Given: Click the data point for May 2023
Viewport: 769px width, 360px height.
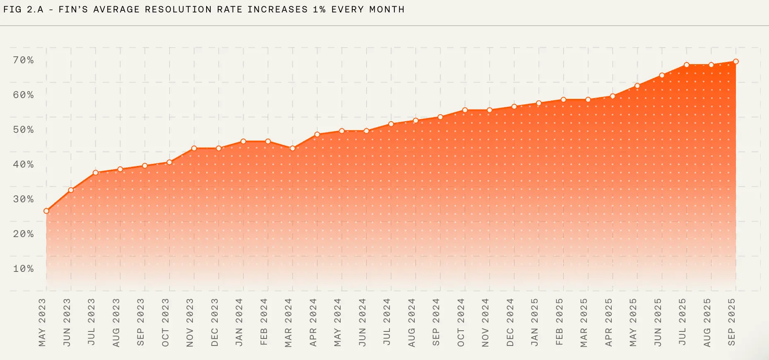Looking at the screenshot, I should click(46, 211).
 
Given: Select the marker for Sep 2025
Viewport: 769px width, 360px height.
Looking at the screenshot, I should click(736, 62).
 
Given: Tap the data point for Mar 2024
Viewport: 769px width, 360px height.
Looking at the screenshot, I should click(293, 148).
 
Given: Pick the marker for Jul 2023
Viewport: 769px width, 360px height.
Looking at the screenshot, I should click(96, 173).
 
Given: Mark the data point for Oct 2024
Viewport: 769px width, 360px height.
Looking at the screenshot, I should click(465, 110).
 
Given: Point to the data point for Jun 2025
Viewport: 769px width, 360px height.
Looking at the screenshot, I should click(662, 75).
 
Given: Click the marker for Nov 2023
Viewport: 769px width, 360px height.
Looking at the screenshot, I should click(194, 148).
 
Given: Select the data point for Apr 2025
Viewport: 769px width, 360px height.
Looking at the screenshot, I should click(613, 96).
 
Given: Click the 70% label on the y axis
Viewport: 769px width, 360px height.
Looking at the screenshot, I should click(23, 60).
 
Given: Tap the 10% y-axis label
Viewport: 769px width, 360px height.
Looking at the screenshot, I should click(23, 269).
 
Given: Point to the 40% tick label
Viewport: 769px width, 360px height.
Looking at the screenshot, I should click(23, 165).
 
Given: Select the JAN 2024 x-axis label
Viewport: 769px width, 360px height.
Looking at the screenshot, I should click(239, 322).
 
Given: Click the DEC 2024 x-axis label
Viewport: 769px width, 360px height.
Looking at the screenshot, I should click(510, 322).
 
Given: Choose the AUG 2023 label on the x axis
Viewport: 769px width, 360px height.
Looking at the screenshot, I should click(116, 322).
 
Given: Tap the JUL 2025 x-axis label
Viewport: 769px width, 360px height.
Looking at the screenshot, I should click(682, 322).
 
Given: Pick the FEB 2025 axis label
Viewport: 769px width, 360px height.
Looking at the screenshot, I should click(559, 322).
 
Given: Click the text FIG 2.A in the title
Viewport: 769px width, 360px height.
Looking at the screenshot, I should click(23, 10).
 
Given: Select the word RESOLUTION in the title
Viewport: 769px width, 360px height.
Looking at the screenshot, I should click(178, 10).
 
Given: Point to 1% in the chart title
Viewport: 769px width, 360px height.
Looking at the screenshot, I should click(319, 10).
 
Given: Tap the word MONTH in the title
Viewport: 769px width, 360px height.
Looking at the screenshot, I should click(387, 10).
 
